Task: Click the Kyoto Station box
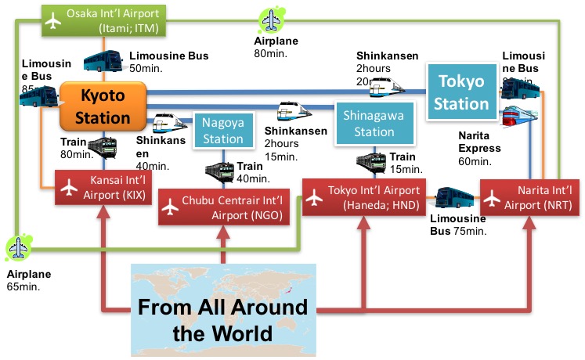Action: tap(103, 107)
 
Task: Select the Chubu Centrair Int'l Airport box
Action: tap(224, 205)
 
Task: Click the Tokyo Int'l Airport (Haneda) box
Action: tap(362, 196)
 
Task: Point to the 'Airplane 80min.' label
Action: tap(271, 48)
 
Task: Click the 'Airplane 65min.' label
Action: tap(27, 280)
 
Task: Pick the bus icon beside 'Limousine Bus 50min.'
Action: tap(103, 60)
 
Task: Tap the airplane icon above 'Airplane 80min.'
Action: tap(272, 20)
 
